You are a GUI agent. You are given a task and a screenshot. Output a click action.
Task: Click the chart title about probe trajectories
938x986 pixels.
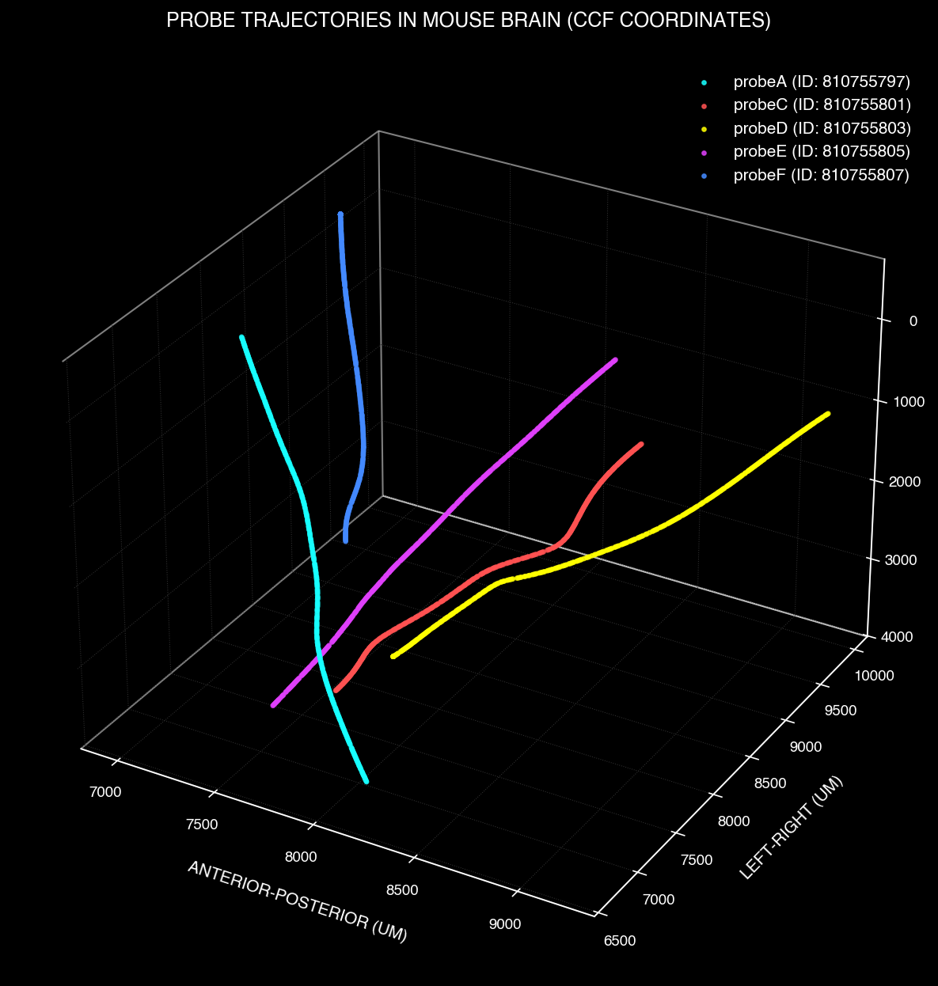point(469,21)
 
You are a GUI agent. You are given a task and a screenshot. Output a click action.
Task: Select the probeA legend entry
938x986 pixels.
point(822,82)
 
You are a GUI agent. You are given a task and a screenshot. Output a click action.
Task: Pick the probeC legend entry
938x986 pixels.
point(822,104)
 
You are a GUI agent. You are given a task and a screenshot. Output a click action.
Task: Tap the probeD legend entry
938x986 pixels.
point(822,127)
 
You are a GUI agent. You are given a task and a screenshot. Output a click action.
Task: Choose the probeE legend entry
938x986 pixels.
point(822,150)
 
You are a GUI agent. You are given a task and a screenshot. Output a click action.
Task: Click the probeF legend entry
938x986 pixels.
point(822,174)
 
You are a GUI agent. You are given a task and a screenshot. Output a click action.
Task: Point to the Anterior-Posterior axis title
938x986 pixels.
point(297,901)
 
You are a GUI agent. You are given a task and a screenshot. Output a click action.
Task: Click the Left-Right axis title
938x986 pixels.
point(791,827)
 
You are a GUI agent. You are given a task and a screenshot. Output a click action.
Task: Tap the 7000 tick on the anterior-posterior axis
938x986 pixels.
point(104,791)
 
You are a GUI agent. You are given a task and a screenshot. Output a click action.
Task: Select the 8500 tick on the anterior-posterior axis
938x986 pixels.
point(402,890)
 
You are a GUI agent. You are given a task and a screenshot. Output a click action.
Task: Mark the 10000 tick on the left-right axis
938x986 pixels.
point(874,675)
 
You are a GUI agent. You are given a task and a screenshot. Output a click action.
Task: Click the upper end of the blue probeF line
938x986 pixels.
point(340,214)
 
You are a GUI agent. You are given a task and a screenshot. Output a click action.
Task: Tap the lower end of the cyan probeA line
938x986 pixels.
point(366,781)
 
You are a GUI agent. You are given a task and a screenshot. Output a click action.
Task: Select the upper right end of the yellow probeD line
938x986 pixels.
point(827,414)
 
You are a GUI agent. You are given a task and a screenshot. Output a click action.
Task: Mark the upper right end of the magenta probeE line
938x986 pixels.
point(615,360)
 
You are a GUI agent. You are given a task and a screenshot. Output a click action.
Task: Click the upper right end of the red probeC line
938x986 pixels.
point(641,444)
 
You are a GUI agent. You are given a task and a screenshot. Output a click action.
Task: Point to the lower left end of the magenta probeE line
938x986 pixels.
point(273,704)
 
